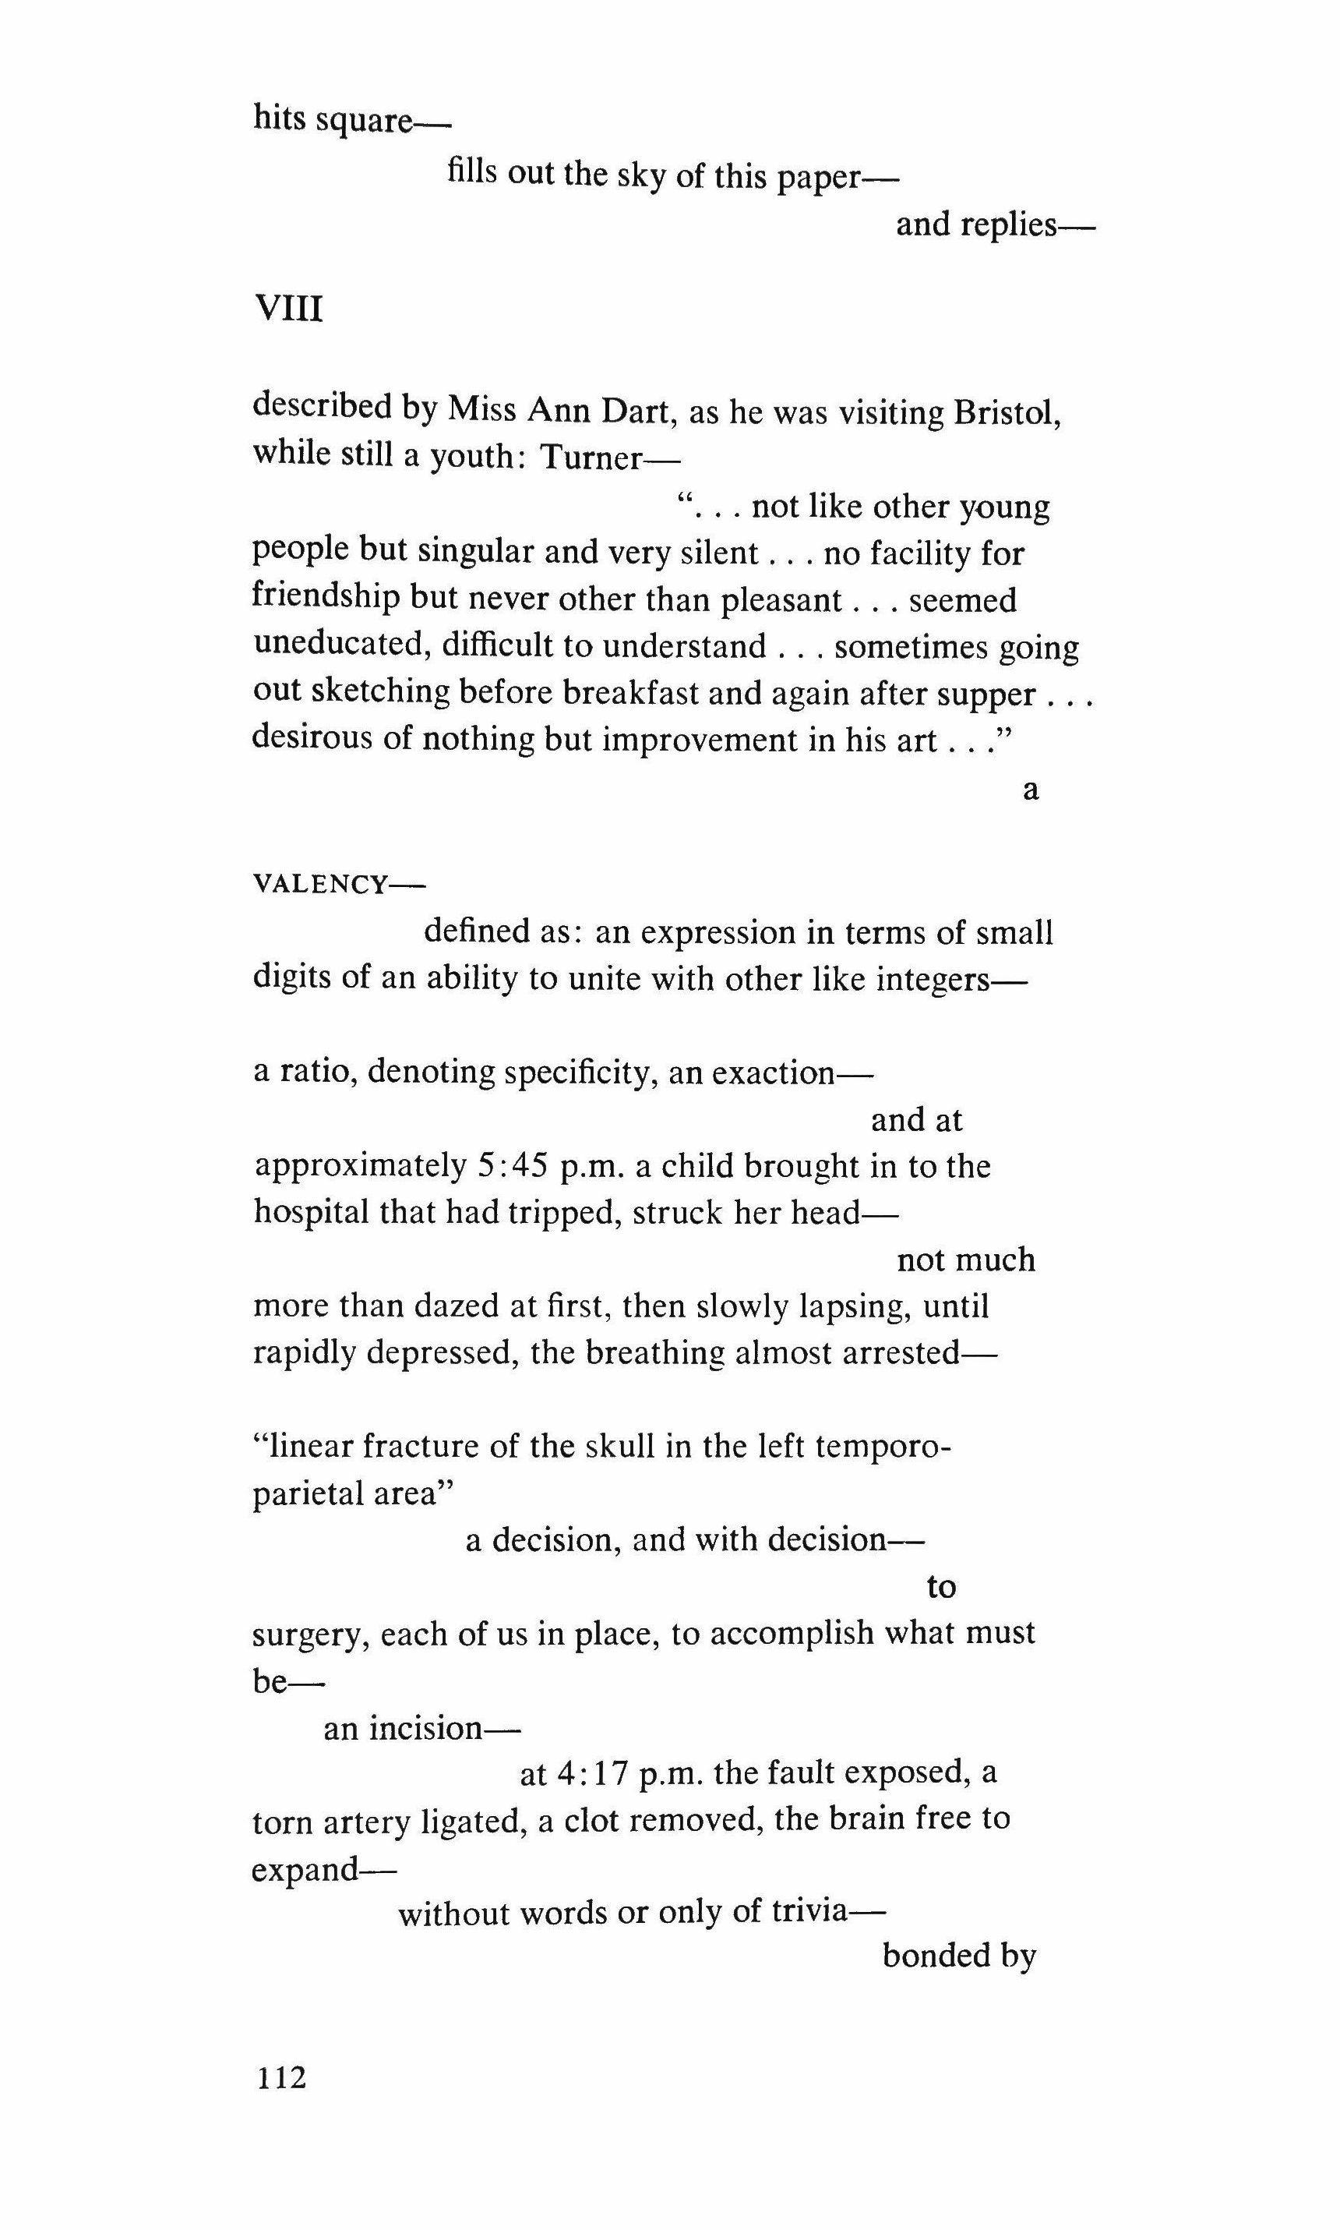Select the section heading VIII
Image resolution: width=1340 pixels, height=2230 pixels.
(x=289, y=309)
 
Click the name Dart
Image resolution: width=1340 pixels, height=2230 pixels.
(x=634, y=411)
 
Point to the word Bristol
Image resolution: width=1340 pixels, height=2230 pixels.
(x=1007, y=413)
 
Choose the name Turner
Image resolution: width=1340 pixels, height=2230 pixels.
(x=591, y=458)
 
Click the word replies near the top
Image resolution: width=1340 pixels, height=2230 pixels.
(x=1009, y=224)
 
